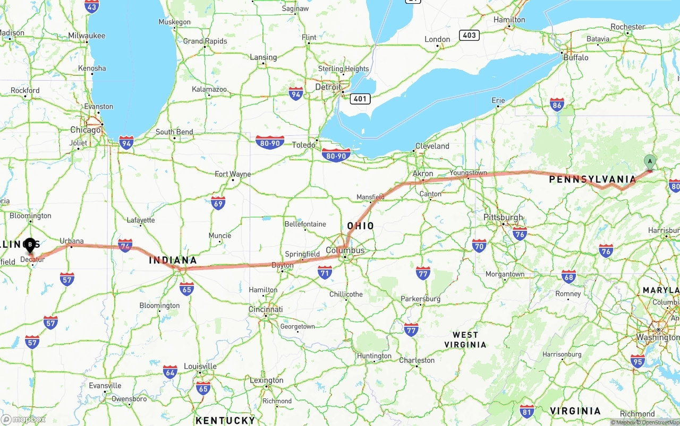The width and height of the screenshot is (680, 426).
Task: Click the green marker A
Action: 649,162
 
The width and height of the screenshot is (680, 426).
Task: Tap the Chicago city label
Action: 86,130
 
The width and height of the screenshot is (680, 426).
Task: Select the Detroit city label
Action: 328,87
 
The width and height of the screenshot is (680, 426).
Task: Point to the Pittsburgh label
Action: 503,218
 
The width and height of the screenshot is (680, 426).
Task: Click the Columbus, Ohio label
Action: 345,250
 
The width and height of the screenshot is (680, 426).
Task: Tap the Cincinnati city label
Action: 266,309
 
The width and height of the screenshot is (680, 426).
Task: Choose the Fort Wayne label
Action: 233,174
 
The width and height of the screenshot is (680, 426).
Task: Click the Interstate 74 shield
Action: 125,245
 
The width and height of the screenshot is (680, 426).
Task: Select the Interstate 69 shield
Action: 218,203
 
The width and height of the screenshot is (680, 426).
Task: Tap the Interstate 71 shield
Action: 325,273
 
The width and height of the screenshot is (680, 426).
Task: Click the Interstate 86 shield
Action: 557,105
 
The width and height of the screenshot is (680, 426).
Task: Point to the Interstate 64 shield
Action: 170,371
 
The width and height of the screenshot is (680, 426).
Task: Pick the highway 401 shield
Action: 360,99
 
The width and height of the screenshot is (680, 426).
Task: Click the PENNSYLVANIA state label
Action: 592,179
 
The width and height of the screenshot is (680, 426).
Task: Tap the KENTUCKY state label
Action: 226,421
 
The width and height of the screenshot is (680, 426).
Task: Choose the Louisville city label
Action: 200,366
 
